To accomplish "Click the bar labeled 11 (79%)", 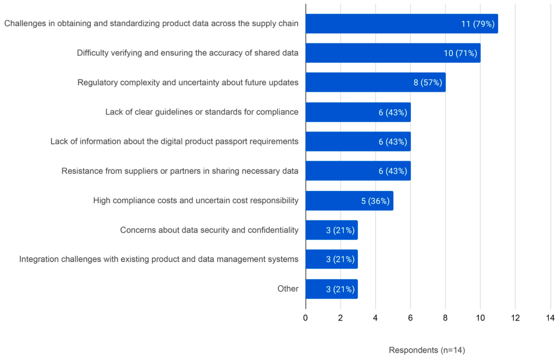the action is pyautogui.click(x=402, y=24).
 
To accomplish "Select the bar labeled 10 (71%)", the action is pyautogui.click(x=393, y=53).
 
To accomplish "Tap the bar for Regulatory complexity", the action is pyautogui.click(x=376, y=82).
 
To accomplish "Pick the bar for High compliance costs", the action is pyautogui.click(x=349, y=201).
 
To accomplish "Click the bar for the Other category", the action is pyautogui.click(x=332, y=289).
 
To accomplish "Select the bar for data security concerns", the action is pyautogui.click(x=332, y=230).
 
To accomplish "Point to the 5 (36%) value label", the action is pyautogui.click(x=375, y=201).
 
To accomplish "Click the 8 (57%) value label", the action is pyautogui.click(x=428, y=83).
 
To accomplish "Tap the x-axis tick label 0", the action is pyautogui.click(x=305, y=318).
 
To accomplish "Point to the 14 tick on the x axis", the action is pyautogui.click(x=550, y=318).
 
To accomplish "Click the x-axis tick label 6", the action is pyautogui.click(x=410, y=318).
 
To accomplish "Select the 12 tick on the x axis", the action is pyautogui.click(x=515, y=318).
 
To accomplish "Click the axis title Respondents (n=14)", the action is pyautogui.click(x=427, y=350).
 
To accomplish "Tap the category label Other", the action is pyautogui.click(x=288, y=288).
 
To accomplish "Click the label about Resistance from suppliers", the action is pyautogui.click(x=180, y=171).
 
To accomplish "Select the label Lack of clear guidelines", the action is pyautogui.click(x=202, y=112).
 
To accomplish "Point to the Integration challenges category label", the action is pyautogui.click(x=159, y=259).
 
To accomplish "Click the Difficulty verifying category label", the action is pyautogui.click(x=188, y=53).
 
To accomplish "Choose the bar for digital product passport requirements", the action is pyautogui.click(x=358, y=142).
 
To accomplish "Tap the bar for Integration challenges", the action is pyautogui.click(x=332, y=259).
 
